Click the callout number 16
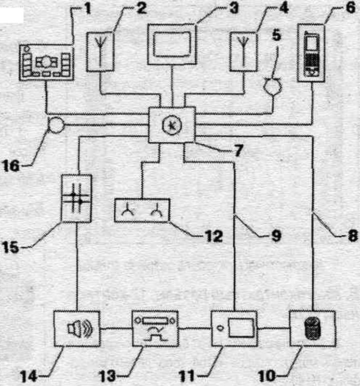[10, 165]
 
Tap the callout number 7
[238, 150]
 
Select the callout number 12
[214, 236]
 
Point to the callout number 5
[276, 36]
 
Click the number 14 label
[29, 376]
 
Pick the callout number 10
[267, 375]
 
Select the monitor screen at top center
[172, 45]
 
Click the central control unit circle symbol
[172, 125]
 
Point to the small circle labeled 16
[56, 125]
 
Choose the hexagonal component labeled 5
[272, 87]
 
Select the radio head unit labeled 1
[46, 63]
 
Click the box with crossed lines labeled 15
[76, 198]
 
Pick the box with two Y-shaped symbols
[142, 210]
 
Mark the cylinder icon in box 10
[312, 329]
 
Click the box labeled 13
[155, 328]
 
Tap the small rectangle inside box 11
[241, 327]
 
